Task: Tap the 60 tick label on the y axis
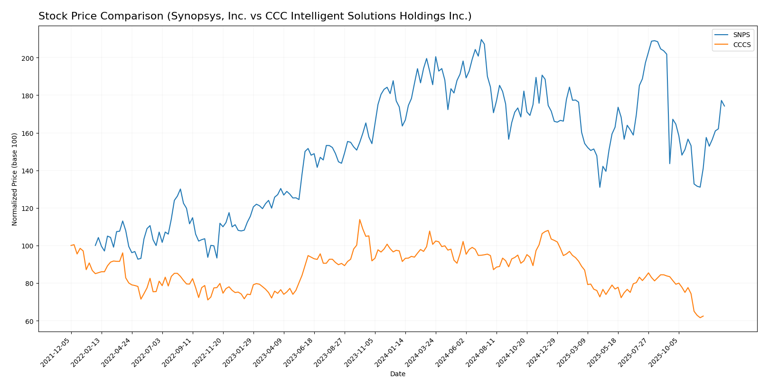coord(30,322)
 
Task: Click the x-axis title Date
coord(398,374)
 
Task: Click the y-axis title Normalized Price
coord(15,179)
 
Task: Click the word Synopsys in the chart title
coord(193,17)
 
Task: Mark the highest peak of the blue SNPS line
coord(481,39)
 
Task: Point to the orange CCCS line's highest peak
coord(359,219)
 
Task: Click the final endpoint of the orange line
coord(703,316)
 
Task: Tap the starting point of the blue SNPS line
coord(95,246)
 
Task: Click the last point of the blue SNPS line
coord(724,106)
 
